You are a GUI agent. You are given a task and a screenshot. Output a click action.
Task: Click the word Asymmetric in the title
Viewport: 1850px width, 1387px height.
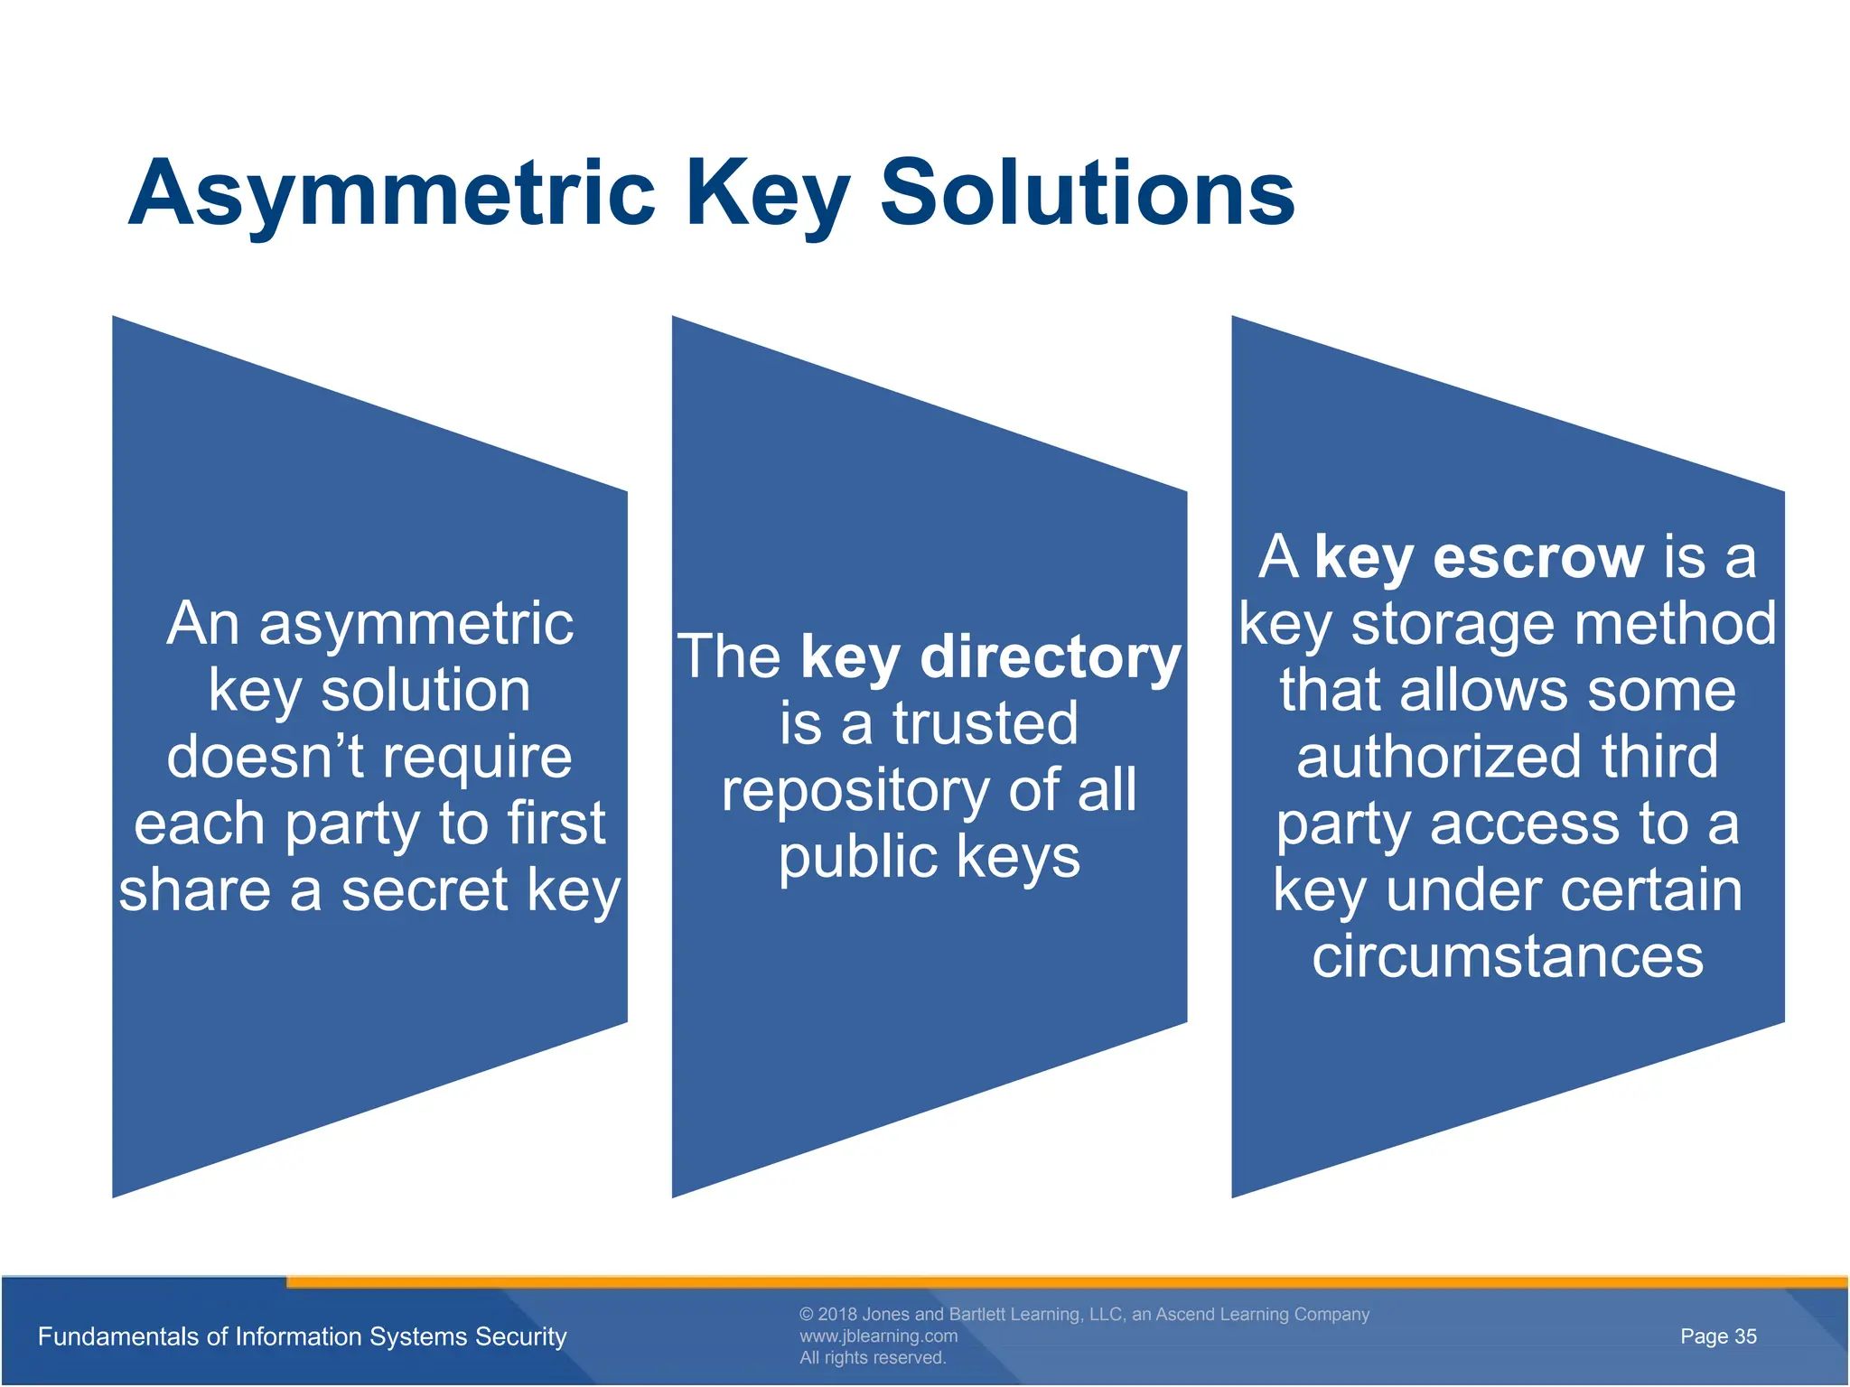(391, 193)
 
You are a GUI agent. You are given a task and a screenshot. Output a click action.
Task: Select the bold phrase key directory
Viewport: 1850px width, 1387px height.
(990, 656)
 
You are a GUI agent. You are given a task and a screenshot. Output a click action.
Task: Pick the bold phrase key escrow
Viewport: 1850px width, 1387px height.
(1479, 557)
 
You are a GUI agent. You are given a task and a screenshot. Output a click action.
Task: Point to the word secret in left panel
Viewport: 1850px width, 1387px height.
(425, 890)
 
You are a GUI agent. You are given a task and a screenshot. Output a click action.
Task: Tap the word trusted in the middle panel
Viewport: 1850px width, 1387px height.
(986, 723)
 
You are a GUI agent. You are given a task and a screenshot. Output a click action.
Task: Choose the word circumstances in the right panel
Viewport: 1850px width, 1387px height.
(1508, 956)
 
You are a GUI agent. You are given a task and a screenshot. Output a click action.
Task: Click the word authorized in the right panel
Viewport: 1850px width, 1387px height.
(1439, 757)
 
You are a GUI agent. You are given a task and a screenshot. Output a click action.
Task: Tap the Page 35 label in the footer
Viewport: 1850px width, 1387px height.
(1718, 1336)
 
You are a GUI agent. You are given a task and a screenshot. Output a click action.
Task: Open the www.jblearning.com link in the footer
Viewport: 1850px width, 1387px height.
(878, 1336)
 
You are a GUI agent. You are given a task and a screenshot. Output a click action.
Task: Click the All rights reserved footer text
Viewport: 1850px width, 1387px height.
(872, 1358)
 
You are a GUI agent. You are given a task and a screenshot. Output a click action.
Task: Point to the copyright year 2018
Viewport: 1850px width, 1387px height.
(837, 1315)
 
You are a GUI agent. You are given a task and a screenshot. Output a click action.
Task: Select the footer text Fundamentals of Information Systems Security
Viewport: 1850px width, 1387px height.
(302, 1336)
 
